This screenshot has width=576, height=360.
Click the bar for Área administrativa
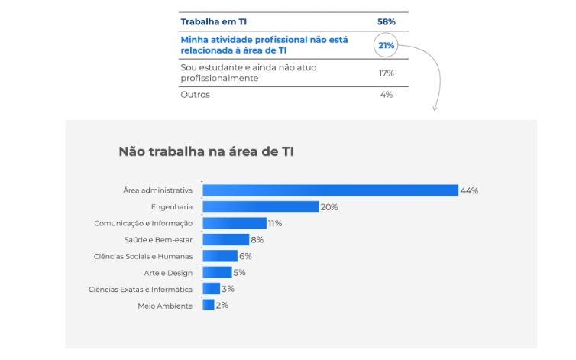330,190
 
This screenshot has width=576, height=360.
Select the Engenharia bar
260,207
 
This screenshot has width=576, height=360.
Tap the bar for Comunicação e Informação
235,223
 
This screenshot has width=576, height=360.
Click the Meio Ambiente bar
209,305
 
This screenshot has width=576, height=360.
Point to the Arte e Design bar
217,272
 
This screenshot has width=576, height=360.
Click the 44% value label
469,190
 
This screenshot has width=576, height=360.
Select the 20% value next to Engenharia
329,207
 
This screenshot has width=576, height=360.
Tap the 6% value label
245,256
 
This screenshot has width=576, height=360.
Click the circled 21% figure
386,45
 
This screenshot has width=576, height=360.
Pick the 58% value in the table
386,22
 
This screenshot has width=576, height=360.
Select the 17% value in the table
386,73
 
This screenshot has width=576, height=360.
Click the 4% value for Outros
387,95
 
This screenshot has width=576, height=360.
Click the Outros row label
195,95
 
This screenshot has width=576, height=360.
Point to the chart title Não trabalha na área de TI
206,151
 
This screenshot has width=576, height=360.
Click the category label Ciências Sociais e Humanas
143,256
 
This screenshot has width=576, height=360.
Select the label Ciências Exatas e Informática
141,289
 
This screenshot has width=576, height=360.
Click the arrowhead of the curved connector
435,109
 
